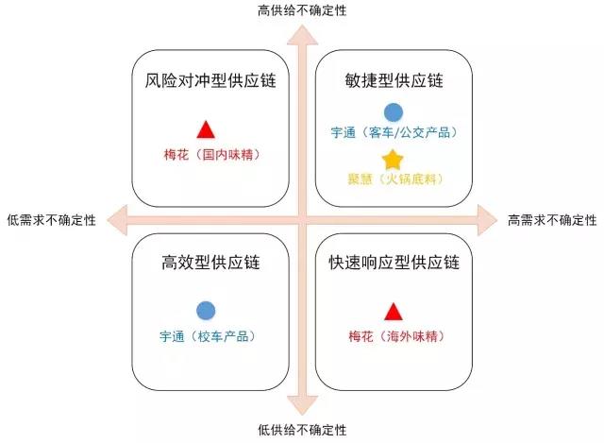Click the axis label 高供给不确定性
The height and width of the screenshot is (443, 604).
302,10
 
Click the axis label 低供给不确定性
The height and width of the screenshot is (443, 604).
302,430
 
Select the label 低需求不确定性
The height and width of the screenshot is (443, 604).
52,220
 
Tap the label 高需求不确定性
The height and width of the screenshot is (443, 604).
552,220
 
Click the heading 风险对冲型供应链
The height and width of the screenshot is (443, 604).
210,80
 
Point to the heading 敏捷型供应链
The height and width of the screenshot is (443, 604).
394,80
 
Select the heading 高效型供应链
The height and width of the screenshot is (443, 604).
210,263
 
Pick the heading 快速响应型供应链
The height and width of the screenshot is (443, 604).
394,263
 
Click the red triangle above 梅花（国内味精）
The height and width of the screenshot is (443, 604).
206,130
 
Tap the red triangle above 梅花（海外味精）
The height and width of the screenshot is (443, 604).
394,312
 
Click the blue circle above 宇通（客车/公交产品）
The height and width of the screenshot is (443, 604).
394,112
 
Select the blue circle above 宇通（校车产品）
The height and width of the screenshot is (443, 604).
206,311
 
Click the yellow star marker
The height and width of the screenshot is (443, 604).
393,160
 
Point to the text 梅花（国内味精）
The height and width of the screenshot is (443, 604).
212,155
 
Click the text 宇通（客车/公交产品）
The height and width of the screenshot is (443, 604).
394,132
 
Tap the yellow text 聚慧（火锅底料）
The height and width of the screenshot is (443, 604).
395,179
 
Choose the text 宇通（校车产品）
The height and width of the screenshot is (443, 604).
208,336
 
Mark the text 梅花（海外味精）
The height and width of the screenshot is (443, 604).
396,336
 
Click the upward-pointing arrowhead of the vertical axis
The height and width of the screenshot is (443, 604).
302,35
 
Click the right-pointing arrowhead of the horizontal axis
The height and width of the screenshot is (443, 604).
488,220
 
